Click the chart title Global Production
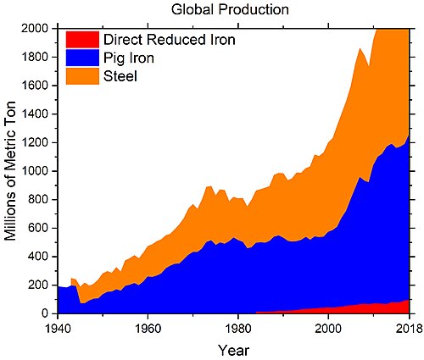point(230,9)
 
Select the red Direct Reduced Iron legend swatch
point(82,40)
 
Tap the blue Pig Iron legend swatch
point(82,58)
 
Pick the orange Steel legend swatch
point(82,76)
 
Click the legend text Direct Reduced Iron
point(170,40)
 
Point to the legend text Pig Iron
point(129,58)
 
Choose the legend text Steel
point(120,76)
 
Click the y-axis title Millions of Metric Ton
point(10,171)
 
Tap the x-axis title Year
point(233,351)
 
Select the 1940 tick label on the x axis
point(58,329)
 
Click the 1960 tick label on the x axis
point(148,329)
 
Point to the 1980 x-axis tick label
point(238,329)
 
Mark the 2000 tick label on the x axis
point(328,329)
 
